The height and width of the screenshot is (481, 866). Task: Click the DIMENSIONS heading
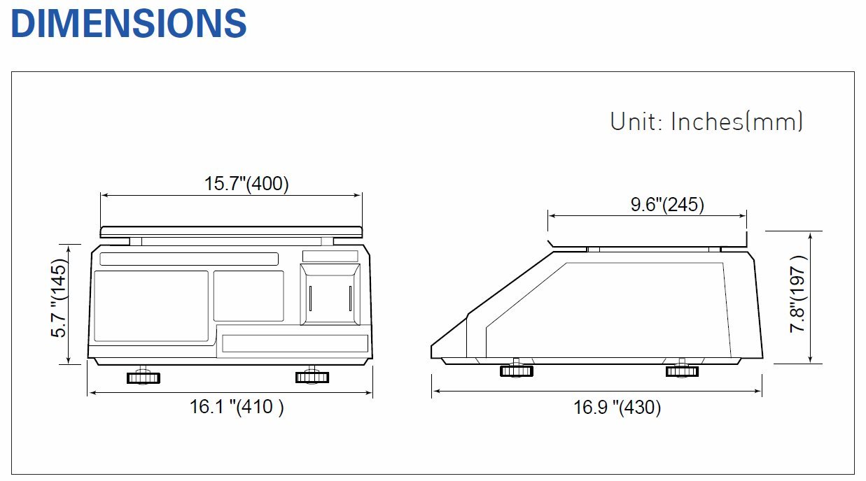[x=129, y=23]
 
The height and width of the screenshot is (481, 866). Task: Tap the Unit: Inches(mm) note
[x=706, y=122]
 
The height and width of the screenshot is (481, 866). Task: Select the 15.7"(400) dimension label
[x=246, y=184]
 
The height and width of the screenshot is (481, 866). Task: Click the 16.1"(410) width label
[x=237, y=407]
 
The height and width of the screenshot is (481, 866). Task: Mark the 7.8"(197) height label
[x=798, y=294]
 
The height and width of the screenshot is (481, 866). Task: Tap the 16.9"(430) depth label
[x=617, y=407]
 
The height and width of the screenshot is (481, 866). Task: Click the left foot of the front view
[x=144, y=378]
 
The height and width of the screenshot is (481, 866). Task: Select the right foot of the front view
[x=312, y=377]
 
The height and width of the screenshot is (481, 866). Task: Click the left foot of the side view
[x=517, y=370]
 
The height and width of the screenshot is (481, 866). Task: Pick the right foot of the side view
[x=682, y=371]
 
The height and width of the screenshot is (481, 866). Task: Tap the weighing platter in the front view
[x=231, y=231]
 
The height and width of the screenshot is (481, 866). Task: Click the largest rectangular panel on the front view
[x=151, y=306]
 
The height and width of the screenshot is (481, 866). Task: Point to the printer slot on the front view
[x=330, y=295]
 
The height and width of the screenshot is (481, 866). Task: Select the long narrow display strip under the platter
[x=189, y=259]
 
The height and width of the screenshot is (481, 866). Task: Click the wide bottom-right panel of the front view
[x=295, y=343]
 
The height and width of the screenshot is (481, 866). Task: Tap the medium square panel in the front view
[x=249, y=296]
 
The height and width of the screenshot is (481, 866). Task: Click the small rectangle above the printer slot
[x=330, y=256]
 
